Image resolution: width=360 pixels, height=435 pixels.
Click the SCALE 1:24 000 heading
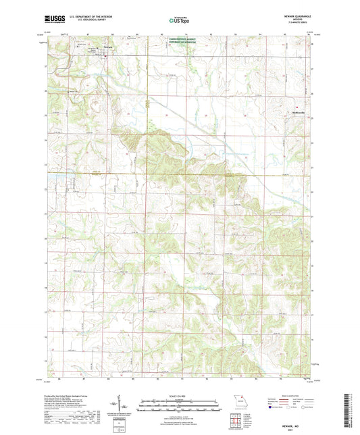179,396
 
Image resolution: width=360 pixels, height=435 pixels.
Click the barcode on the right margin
350,409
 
